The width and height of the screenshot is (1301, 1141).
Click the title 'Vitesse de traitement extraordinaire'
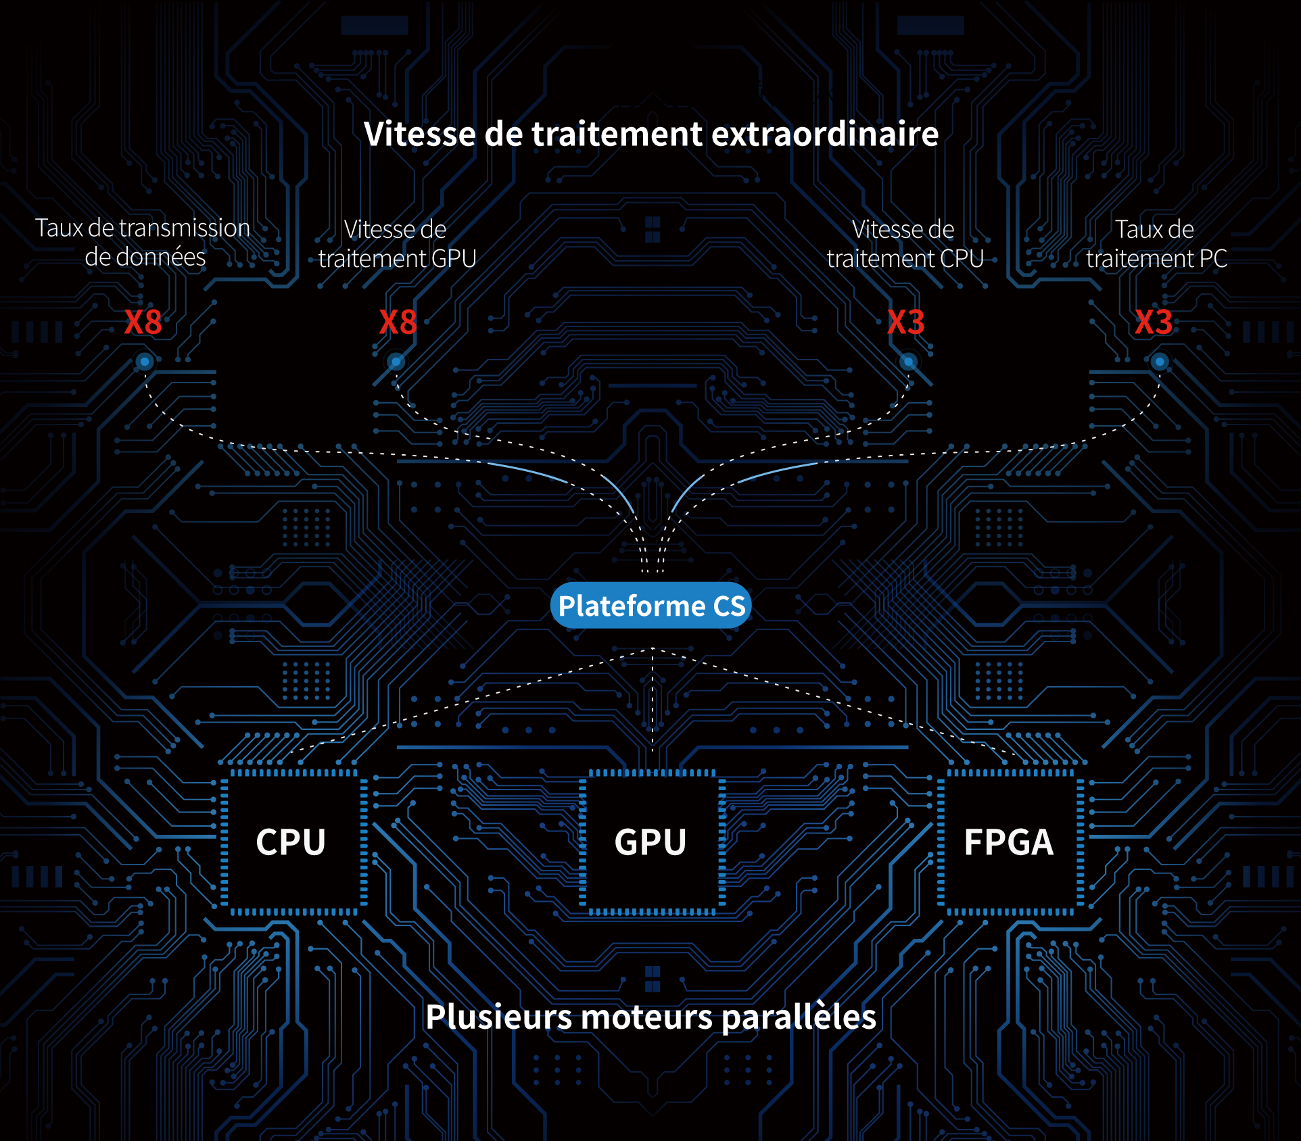pos(650,134)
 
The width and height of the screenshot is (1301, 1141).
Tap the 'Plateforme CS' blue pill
pos(651,606)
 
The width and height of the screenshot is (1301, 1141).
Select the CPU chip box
pos(291,842)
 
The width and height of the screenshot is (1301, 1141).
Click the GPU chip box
pos(650,842)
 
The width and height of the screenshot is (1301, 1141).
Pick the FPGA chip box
pos(1009,842)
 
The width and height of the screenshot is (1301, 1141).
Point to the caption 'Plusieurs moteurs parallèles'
pos(650,1017)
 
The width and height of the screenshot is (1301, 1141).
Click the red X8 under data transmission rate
pos(143,322)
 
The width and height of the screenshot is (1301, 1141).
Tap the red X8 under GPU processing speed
pos(398,322)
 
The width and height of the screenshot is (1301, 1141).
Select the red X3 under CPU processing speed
pos(905,322)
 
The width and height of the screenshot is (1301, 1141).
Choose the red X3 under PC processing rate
pos(1154,322)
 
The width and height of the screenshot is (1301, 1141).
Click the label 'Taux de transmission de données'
pos(143,243)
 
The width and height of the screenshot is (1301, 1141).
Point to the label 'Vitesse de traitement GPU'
pos(397,244)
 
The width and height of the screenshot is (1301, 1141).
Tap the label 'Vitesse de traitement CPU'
pos(905,244)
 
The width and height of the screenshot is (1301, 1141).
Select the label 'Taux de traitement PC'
pos(1156,244)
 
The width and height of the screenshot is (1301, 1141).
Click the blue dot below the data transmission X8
pos(144,362)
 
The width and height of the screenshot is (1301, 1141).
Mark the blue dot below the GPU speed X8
pos(396,362)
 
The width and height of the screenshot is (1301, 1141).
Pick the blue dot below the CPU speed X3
pos(909,362)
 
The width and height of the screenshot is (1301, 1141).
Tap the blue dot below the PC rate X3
pos(1160,362)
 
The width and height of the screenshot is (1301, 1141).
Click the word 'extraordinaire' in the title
pos(825,134)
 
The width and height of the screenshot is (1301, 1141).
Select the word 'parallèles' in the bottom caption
pos(799,1017)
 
